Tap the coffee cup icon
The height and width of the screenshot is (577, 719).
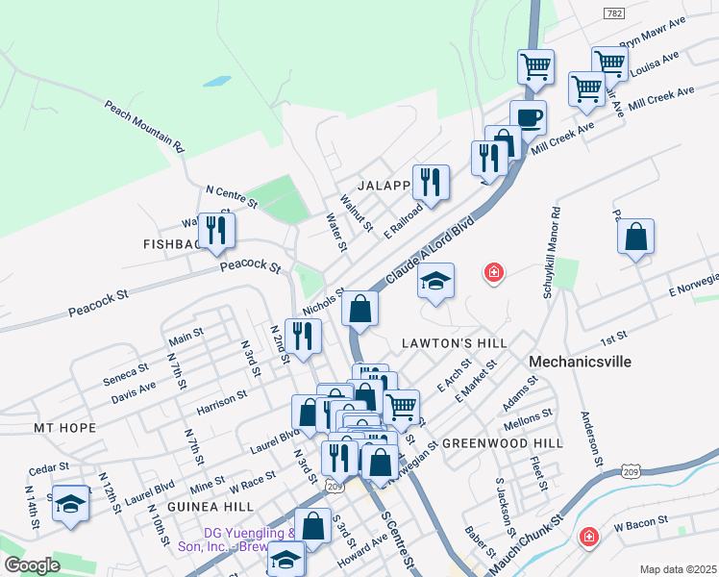pos(528,118)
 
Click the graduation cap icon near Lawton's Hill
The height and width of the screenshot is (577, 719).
pos(435,282)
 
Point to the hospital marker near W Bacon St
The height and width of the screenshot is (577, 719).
pos(587,538)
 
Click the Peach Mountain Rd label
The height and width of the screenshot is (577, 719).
pos(144,127)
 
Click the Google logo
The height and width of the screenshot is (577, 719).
pos(32,565)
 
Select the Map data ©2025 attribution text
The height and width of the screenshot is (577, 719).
pos(678,569)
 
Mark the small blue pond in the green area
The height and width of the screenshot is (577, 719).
pos(216,82)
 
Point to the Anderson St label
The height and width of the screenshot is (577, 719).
pos(588,440)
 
